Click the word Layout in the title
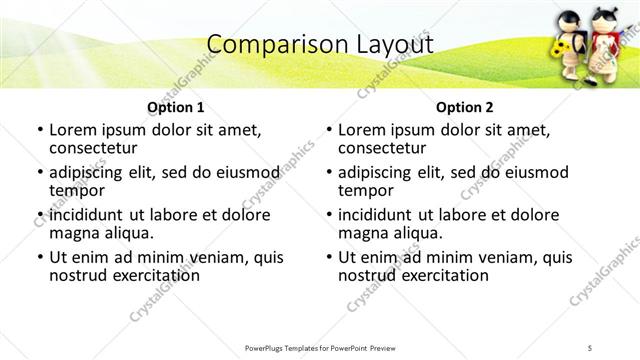coord(391,44)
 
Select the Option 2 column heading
coord(464,107)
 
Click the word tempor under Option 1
coord(75,190)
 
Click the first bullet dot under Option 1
coord(39,130)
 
